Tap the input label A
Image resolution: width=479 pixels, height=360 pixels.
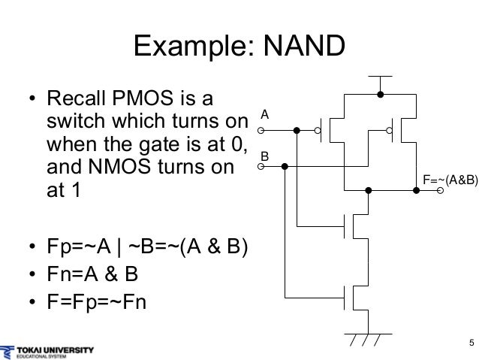coord(264,115)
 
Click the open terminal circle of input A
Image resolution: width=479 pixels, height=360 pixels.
coord(261,130)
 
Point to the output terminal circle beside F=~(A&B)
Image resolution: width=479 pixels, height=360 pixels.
coord(441,191)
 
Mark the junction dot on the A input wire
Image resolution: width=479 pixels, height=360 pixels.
coord(297,130)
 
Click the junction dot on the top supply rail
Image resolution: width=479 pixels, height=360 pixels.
coord(381,94)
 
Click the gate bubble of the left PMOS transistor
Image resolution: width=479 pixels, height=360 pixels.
coord(318,130)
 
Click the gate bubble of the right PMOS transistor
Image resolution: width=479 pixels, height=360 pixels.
coord(390,130)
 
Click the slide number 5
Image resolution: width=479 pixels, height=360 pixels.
coord(470,344)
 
